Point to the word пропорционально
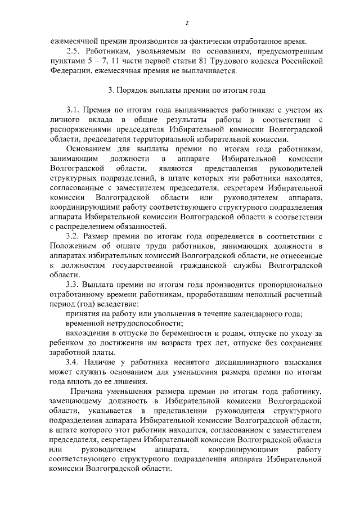[286, 285]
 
